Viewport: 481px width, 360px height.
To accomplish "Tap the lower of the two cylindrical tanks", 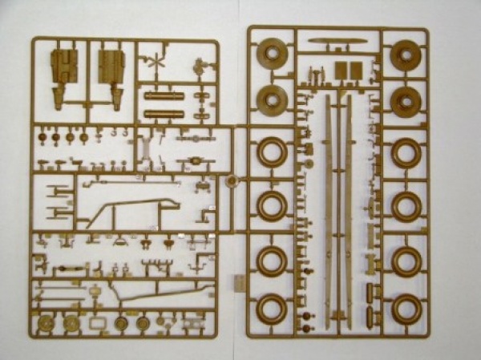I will (x=164, y=114).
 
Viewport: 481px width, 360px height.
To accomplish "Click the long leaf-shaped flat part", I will (x=338, y=41).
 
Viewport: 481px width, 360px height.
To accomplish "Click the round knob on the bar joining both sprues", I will (x=232, y=182).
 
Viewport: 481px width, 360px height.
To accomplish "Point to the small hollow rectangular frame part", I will (x=95, y=322).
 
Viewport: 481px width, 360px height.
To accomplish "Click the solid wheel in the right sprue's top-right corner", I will (x=406, y=52).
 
